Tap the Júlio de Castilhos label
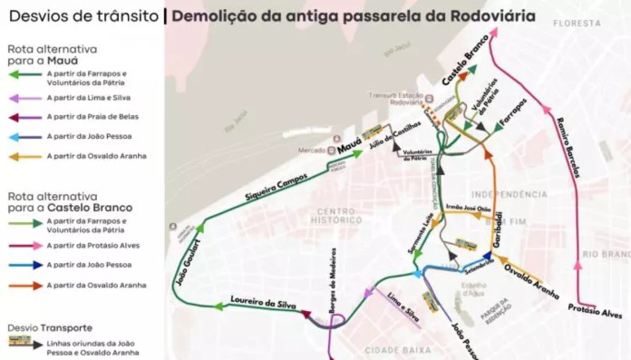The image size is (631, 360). [x=396, y=137]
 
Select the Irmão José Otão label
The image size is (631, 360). [x=469, y=209]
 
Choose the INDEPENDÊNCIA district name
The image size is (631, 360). [x=510, y=194]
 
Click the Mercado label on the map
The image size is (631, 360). [x=315, y=150]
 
